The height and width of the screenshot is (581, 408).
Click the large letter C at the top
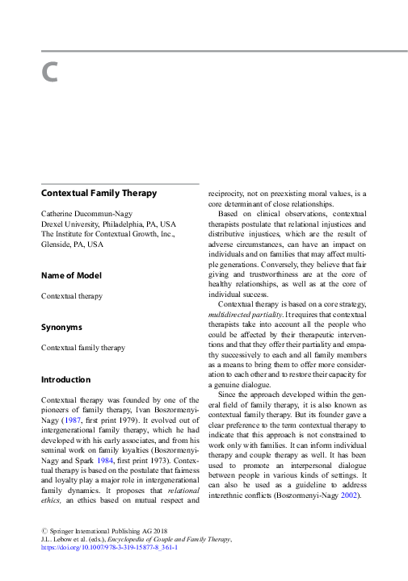50,73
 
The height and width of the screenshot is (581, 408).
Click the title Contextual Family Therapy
99,194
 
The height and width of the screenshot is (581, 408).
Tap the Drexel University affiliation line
108,224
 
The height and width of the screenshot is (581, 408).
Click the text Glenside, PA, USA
73,244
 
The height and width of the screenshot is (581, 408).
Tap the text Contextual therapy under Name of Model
72,296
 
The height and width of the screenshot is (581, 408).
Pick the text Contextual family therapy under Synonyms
83,348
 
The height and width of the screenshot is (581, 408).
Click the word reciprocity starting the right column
229,194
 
